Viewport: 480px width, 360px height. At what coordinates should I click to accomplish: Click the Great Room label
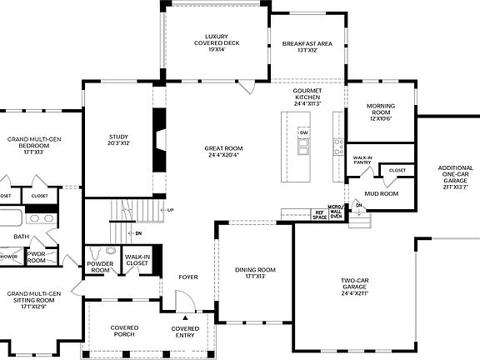point(222,152)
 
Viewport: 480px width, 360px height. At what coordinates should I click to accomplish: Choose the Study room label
point(118,139)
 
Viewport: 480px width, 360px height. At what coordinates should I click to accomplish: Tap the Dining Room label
point(254,272)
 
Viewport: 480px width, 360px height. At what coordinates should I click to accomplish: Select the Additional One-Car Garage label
point(455,176)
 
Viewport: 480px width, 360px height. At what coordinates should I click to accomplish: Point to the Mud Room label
point(382,193)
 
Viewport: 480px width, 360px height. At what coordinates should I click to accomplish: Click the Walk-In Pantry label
point(362,160)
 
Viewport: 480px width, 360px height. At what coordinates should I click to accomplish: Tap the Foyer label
point(188,277)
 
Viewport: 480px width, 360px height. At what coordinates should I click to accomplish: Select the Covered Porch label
point(124,331)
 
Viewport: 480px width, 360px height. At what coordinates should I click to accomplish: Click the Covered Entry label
point(185,331)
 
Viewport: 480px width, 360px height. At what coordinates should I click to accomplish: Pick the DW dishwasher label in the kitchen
point(304,133)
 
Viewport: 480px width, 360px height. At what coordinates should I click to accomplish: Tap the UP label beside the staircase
point(170,209)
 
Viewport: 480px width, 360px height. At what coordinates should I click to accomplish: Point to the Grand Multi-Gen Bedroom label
point(34,145)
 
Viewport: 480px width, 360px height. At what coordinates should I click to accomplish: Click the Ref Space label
point(319,214)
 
